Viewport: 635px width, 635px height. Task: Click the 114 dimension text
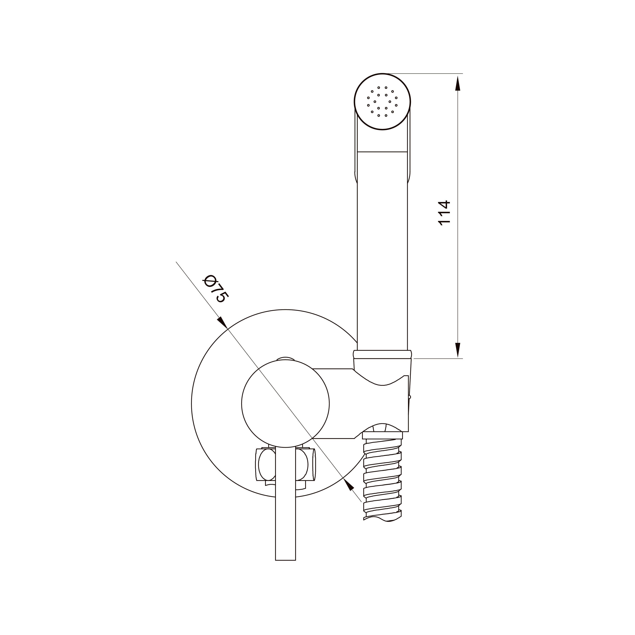point(444,212)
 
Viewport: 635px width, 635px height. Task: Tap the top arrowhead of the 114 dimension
point(458,83)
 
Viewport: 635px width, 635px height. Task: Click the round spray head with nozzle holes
point(383,102)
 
